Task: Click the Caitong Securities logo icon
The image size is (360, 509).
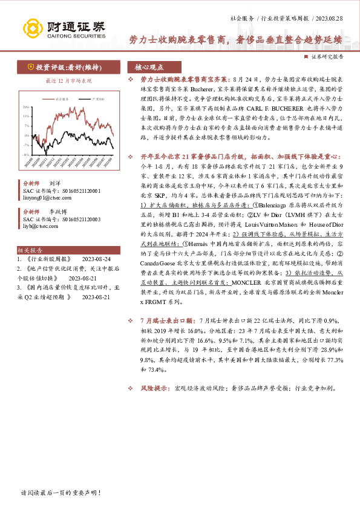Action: point(33,28)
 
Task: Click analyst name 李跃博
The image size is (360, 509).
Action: point(58,212)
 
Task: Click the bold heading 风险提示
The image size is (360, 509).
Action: point(154,387)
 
